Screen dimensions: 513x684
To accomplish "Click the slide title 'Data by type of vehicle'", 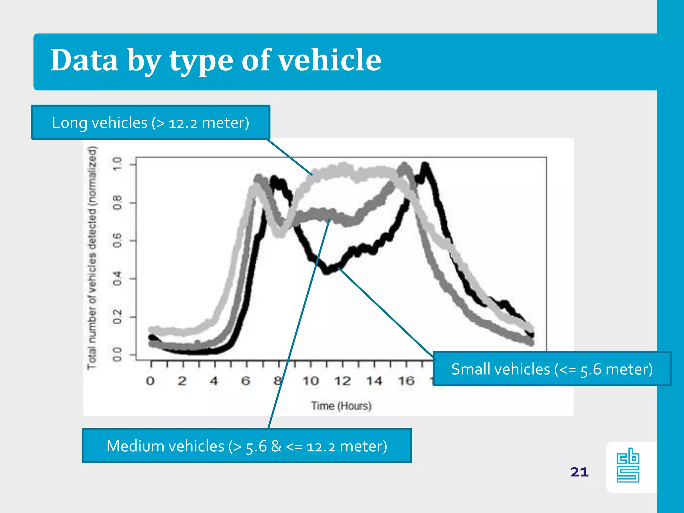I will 216,60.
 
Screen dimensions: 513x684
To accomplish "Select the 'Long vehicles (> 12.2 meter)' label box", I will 151,122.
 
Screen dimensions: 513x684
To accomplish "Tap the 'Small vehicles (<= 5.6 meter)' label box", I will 551,369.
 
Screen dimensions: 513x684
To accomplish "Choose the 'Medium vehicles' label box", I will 247,446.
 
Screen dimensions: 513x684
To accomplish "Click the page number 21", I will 579,472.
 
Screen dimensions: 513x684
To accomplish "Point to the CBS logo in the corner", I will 628,466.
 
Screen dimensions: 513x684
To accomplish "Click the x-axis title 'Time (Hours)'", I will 341,406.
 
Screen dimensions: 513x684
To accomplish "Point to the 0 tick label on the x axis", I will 150,381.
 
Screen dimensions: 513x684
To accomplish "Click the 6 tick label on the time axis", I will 246,381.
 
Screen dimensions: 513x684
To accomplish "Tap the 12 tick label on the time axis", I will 343,381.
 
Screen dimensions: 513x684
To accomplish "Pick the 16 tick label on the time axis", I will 406,381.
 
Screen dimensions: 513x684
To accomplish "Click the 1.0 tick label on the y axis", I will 117,164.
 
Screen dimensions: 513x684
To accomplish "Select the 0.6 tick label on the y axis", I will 117,240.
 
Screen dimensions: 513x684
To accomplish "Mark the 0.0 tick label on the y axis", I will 117,355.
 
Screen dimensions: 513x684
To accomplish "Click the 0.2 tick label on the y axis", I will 117,317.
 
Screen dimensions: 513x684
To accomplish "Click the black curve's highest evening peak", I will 425,165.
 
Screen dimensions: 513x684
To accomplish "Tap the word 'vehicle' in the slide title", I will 330,60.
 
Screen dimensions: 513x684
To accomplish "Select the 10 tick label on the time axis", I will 311,381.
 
